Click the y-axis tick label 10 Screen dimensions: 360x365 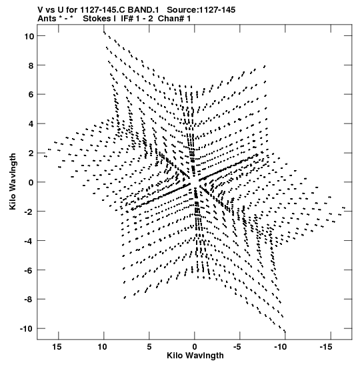pyautogui.click(x=29, y=36)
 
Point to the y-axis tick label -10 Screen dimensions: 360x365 pyautogui.click(x=27, y=329)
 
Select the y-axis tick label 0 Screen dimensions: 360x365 pyautogui.click(x=31, y=183)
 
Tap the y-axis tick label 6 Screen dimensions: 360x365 pyautogui.click(x=31, y=95)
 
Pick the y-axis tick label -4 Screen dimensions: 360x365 pyautogui.click(x=29, y=241)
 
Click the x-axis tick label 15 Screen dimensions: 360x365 pyautogui.click(x=57, y=347)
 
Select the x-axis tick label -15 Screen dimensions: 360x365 pyautogui.click(x=326, y=347)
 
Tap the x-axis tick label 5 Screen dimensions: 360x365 pyautogui.click(x=149, y=347)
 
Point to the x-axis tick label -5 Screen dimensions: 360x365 pyautogui.click(x=237, y=347)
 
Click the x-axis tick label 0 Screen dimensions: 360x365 pyautogui.click(x=195, y=347)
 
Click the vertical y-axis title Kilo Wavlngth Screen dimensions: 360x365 pyautogui.click(x=13, y=181)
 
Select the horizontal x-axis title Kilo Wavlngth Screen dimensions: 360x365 pyautogui.click(x=195, y=356)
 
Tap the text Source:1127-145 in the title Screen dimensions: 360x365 pyautogui.click(x=201, y=10)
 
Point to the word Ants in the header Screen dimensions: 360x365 pyautogui.click(x=47, y=19)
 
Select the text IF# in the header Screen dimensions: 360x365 pyautogui.click(x=127, y=19)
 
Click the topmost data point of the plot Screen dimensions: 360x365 pyautogui.click(x=104, y=31)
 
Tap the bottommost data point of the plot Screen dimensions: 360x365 pyautogui.click(x=285, y=332)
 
